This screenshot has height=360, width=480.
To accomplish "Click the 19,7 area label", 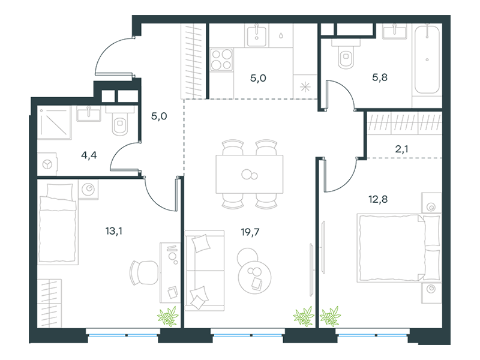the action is [250, 232].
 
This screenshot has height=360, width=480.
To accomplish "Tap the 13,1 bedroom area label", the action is [113, 231].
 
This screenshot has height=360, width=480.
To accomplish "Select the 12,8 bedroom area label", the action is [378, 199].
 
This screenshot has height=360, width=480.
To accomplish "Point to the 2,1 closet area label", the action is [401, 149].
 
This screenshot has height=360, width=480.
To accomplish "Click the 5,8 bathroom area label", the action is [380, 77].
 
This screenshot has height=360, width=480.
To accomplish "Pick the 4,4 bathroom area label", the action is [89, 155].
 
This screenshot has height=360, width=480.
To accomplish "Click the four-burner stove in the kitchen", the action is [221, 59].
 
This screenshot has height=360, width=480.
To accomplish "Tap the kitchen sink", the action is [257, 35].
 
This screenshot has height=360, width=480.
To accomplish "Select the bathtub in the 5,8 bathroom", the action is [427, 59].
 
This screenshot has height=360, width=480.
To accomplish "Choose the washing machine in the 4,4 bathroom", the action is [47, 164].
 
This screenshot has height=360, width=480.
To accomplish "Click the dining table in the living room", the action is [250, 174].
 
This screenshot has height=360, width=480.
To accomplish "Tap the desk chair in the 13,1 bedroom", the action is [144, 273].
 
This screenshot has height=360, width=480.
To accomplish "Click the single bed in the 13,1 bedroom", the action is [58, 224].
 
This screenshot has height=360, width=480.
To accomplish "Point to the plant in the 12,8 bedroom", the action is [331, 316].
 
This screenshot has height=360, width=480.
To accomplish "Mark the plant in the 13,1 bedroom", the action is [168, 316].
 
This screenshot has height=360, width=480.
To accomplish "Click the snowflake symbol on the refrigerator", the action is [305, 87].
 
